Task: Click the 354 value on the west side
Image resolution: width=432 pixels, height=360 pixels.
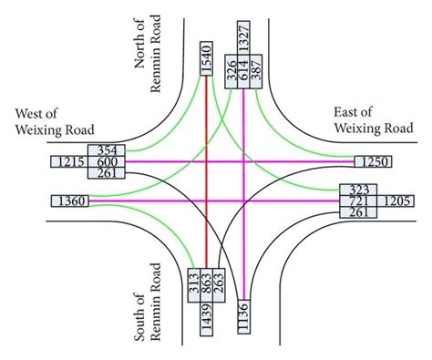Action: [106, 149]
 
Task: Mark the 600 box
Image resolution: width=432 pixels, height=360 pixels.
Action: [106, 161]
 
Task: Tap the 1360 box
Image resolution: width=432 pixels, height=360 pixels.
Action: [69, 201]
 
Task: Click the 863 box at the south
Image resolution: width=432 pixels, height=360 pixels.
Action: [207, 283]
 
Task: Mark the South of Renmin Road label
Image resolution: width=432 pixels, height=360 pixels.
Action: [149, 302]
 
